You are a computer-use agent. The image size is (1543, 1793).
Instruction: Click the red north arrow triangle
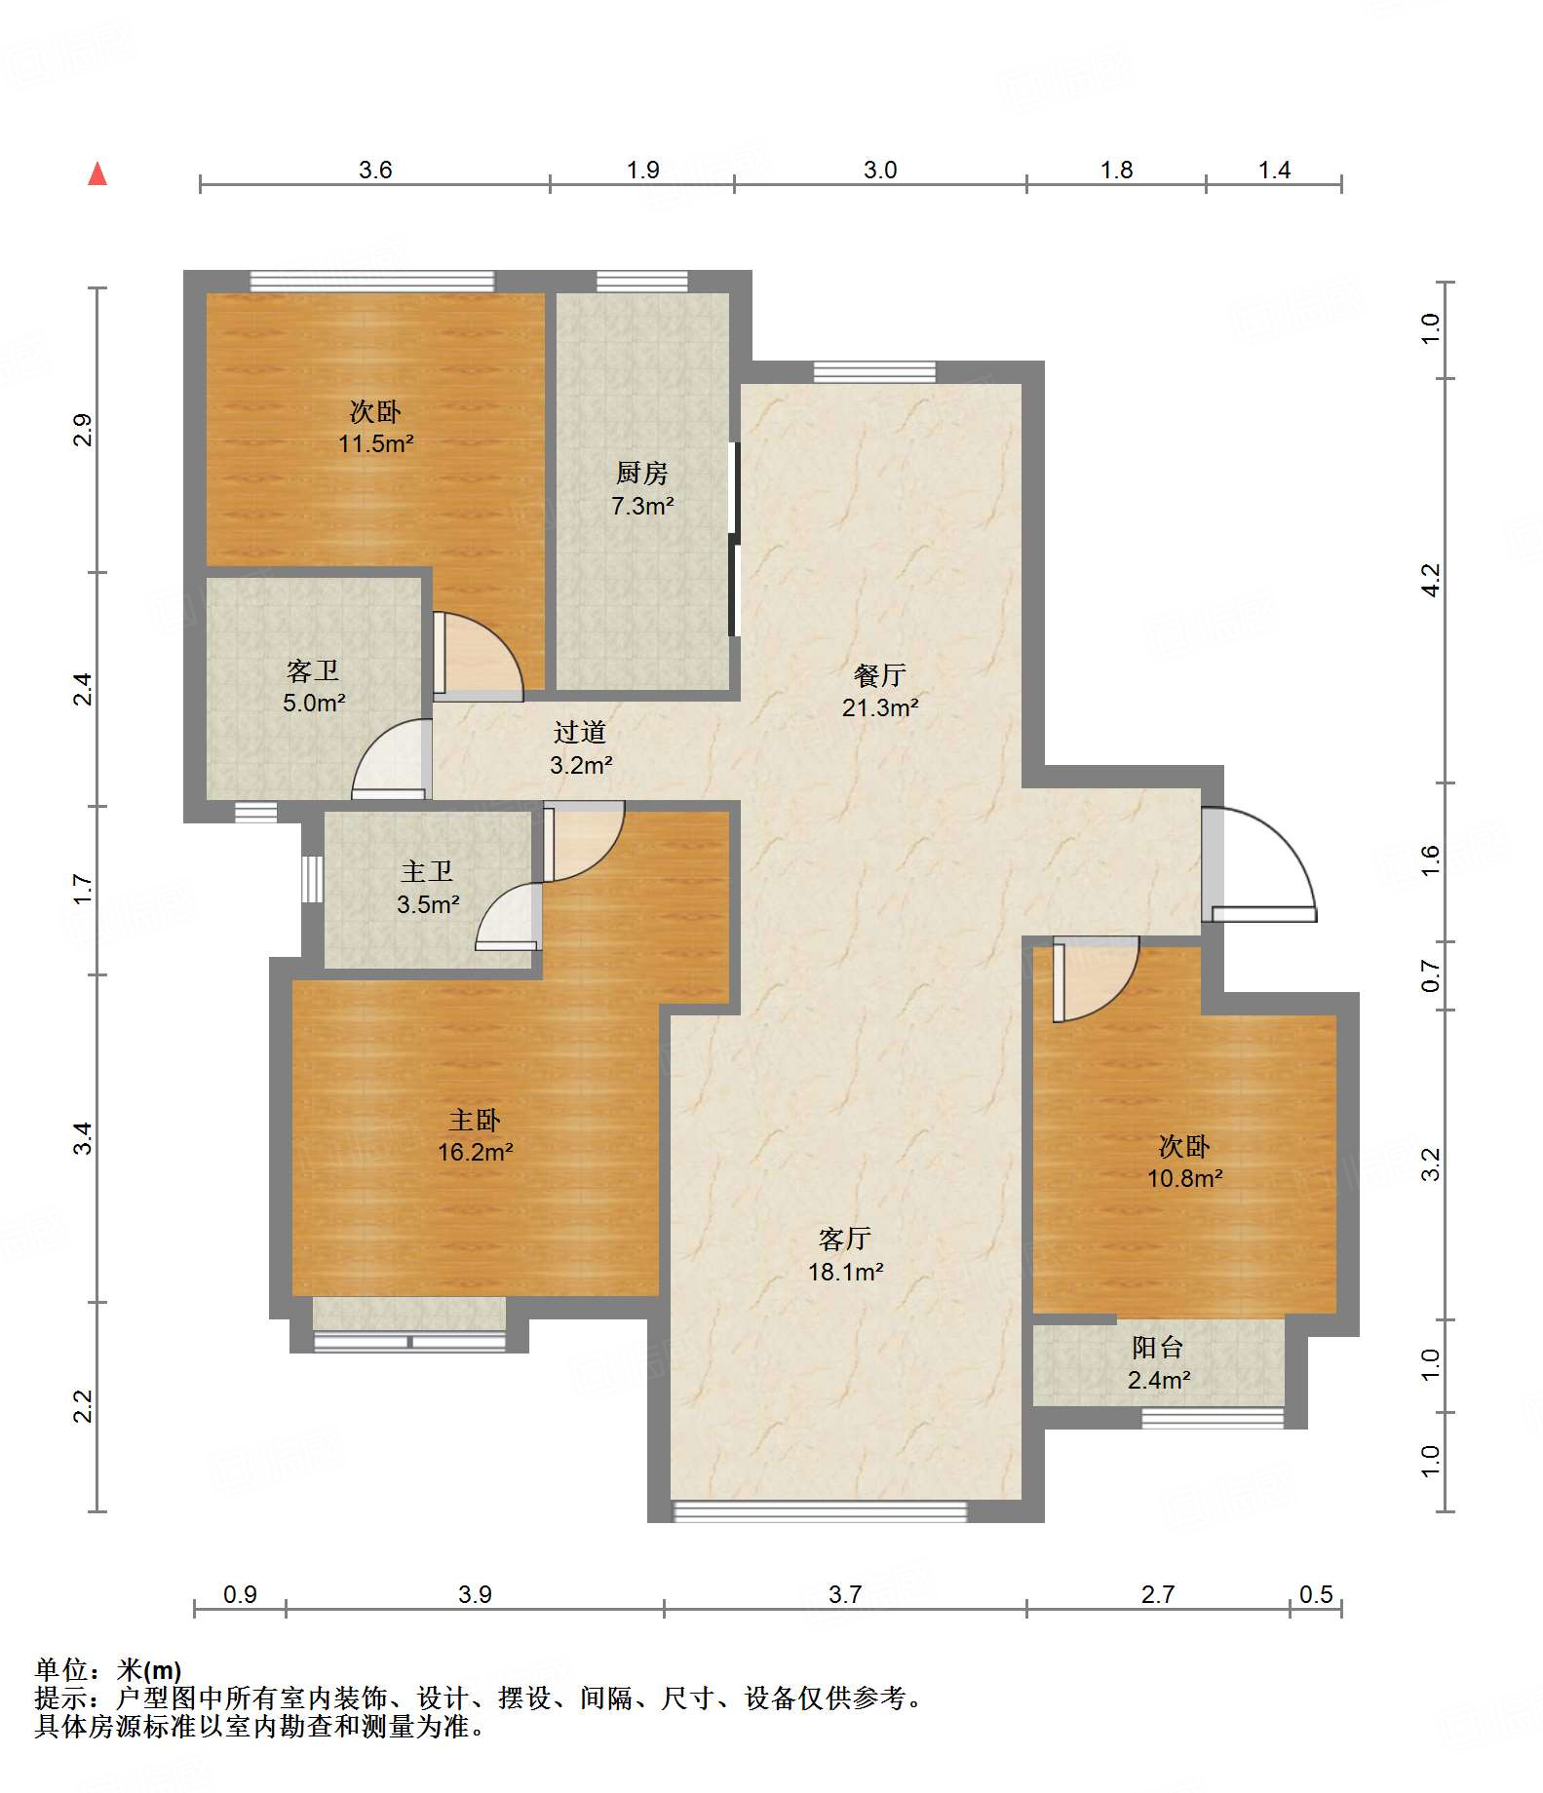(x=97, y=173)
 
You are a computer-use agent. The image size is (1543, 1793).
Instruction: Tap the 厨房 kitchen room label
(x=642, y=474)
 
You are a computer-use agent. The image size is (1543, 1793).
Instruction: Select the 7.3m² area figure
(x=642, y=506)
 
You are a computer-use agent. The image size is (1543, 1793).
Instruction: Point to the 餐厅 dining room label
(x=880, y=675)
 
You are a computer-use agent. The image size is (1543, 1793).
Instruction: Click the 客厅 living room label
(x=845, y=1239)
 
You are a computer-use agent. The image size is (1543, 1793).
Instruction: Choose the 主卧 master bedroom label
(x=475, y=1120)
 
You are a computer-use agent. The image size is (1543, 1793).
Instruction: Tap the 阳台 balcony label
(x=1158, y=1348)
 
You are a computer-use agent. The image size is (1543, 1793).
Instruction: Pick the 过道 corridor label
(x=580, y=732)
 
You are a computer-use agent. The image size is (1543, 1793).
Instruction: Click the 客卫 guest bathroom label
(x=313, y=670)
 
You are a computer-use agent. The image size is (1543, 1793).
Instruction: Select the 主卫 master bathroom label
(x=427, y=871)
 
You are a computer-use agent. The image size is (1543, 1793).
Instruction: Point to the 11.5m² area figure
(x=376, y=443)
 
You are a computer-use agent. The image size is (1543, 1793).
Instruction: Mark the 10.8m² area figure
(x=1185, y=1178)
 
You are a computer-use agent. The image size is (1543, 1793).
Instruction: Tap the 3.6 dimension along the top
(x=375, y=170)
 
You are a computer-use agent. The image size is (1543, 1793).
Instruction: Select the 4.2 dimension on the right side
(x=1430, y=581)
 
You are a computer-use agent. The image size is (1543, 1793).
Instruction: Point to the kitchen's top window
(x=642, y=282)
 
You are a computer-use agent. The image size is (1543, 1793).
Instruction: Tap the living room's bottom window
(x=820, y=1511)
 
